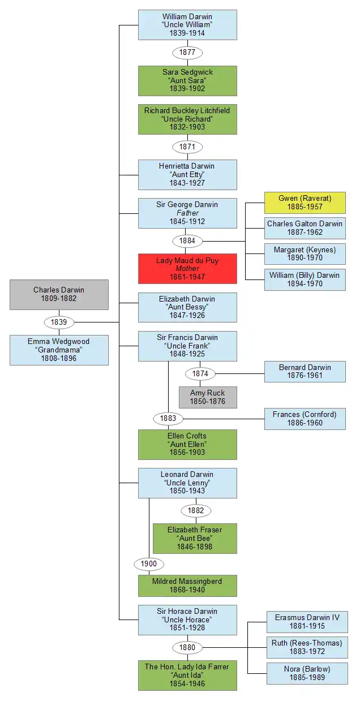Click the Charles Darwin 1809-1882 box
tap(59, 294)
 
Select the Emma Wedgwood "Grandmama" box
tap(59, 350)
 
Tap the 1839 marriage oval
tap(59, 322)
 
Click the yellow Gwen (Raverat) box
tap(305, 203)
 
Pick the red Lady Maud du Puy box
tap(187, 269)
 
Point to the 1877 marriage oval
tap(187, 53)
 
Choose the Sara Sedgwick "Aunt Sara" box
tap(187, 80)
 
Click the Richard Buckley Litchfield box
tap(187, 119)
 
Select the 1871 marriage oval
tap(187, 147)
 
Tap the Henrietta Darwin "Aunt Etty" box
tap(187, 174)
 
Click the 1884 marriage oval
tap(187, 241)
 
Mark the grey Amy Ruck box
tap(207, 397)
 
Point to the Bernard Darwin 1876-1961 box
tap(305, 372)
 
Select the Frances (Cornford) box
tap(305, 419)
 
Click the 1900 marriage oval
tap(149, 564)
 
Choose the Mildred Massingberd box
tap(187, 586)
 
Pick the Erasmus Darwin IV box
tap(307, 622)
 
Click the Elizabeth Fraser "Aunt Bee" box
tap(195, 538)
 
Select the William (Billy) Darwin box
tap(305, 279)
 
